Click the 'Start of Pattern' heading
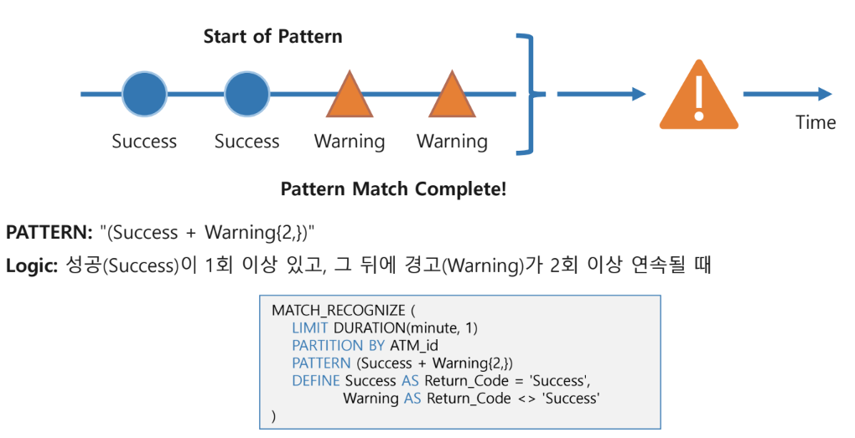point(272,37)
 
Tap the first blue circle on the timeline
point(144,94)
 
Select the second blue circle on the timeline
point(246,94)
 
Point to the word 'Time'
point(816,123)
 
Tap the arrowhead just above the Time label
point(825,94)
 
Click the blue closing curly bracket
point(528,94)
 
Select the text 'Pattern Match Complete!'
point(393,189)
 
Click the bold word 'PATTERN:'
point(48,233)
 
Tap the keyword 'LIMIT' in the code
point(309,328)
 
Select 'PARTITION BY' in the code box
point(339,346)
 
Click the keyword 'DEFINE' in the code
point(316,381)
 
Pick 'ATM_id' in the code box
point(415,346)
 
